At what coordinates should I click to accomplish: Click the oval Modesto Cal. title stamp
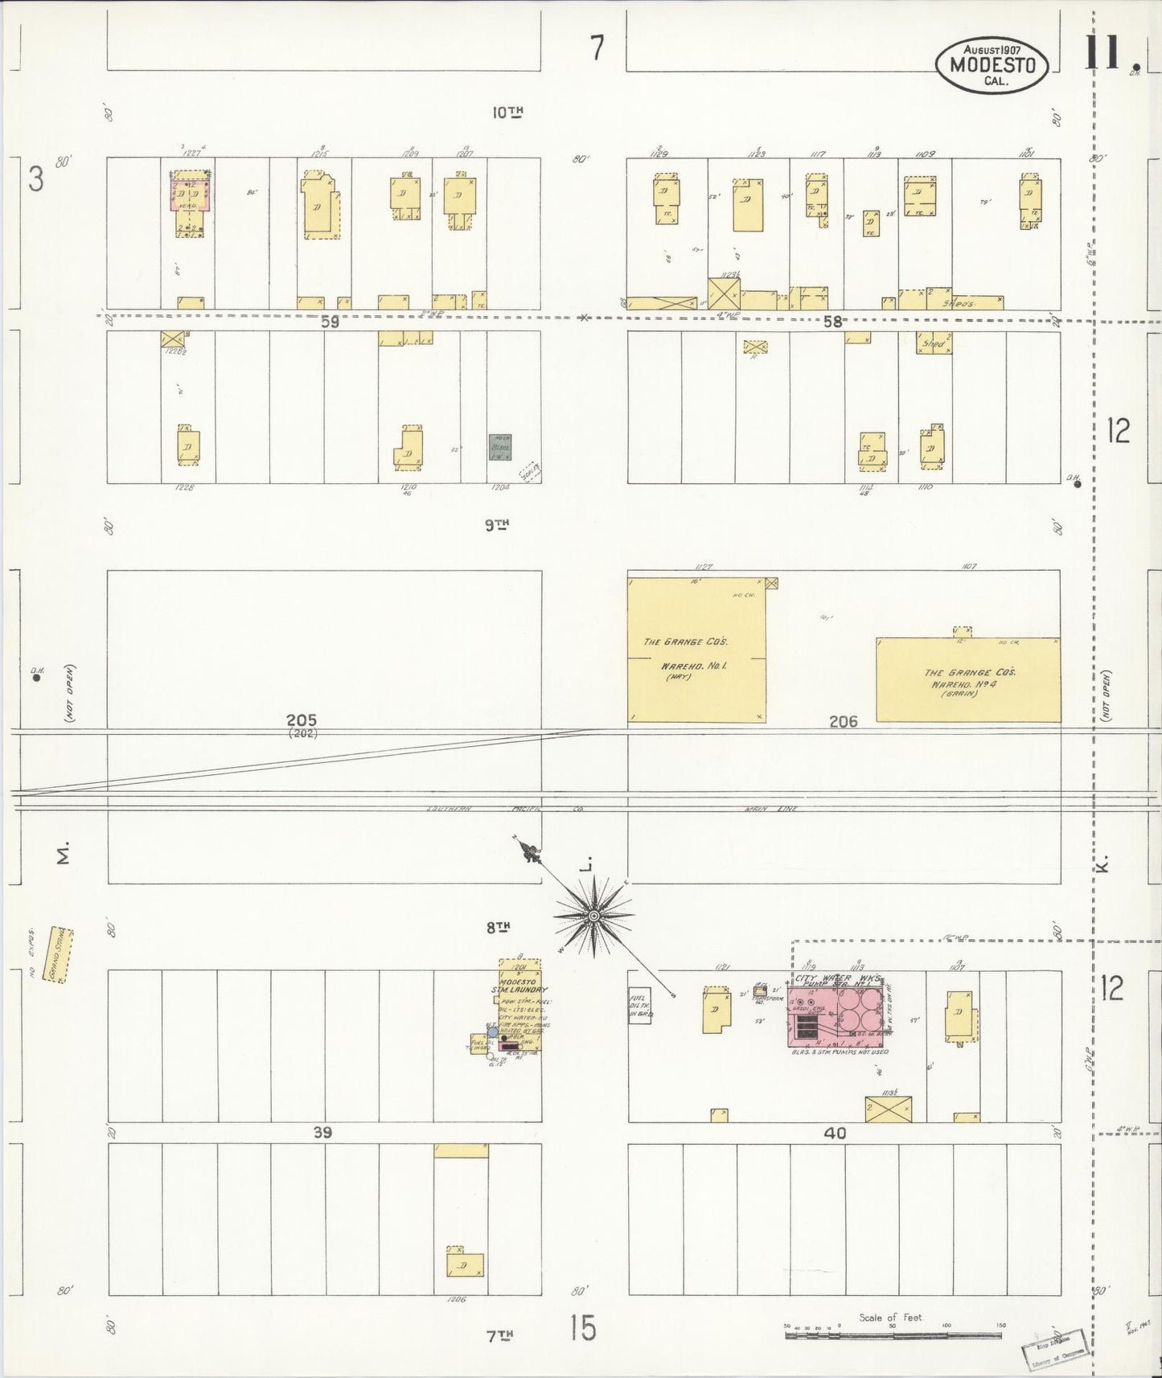pyautogui.click(x=992, y=64)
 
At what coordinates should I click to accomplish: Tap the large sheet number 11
pyautogui.click(x=1110, y=55)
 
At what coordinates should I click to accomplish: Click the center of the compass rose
pyautogui.click(x=593, y=916)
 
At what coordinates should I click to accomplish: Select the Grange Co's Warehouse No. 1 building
pyautogui.click(x=696, y=649)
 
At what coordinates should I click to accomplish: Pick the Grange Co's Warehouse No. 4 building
pyautogui.click(x=967, y=679)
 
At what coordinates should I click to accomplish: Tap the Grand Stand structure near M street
pyautogui.click(x=59, y=954)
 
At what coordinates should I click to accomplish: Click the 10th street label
pyautogui.click(x=507, y=113)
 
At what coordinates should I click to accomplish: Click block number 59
pyautogui.click(x=330, y=322)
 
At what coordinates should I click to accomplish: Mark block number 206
pyautogui.click(x=843, y=722)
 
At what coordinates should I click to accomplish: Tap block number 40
pyautogui.click(x=835, y=1133)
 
